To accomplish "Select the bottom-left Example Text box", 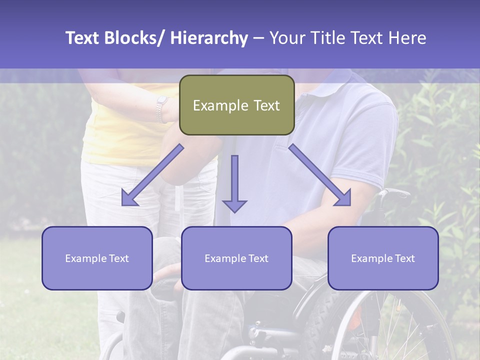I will tap(97, 258).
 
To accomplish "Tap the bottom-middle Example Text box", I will tap(236, 258).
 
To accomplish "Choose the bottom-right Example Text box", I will tap(383, 258).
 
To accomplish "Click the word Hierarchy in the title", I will tap(208, 38).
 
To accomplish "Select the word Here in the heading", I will tap(408, 38).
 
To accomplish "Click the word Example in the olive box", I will tap(213, 105).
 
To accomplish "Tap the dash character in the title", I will tap(258, 38).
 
